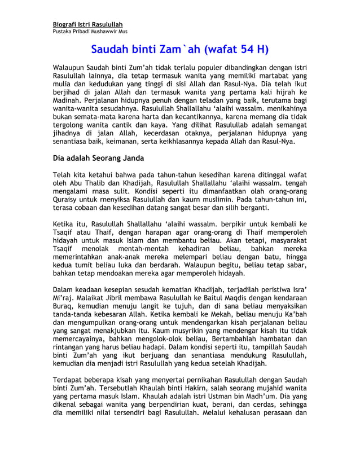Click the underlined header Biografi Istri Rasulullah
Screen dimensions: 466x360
click(87, 24)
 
